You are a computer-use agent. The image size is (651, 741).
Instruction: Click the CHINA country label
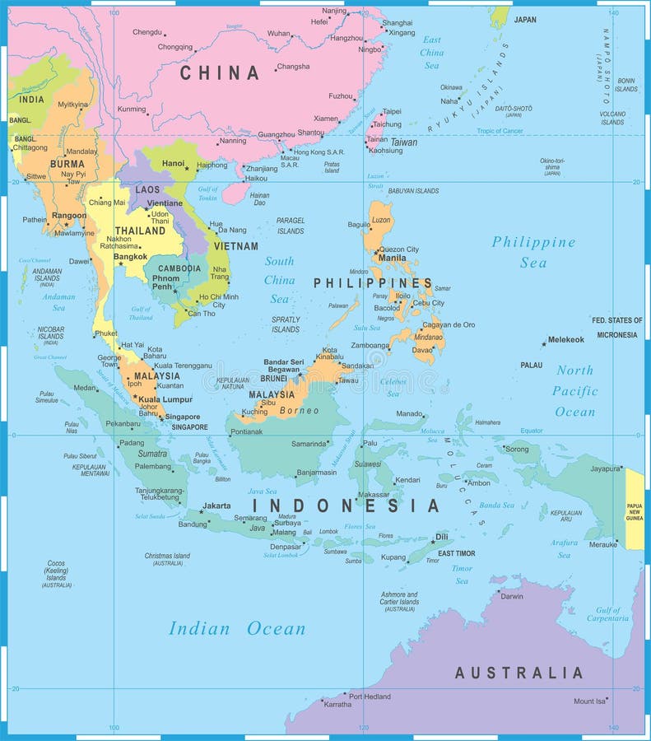point(220,73)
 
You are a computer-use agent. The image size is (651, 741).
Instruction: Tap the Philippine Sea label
point(533,252)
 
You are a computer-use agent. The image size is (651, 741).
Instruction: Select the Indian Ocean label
point(237,629)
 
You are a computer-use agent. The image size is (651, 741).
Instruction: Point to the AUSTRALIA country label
point(518,673)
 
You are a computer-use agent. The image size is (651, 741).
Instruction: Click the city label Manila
point(392,258)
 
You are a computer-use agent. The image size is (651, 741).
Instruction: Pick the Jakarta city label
point(216,506)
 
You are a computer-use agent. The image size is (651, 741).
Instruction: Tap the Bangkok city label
point(130,257)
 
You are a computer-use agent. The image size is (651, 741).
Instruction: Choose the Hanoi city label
point(173,164)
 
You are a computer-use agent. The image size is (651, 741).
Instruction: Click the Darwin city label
point(511,596)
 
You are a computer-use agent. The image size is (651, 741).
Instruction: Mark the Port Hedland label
point(370,697)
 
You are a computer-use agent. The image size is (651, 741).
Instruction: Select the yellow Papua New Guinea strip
point(635,508)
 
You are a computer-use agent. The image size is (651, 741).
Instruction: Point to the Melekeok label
point(566,339)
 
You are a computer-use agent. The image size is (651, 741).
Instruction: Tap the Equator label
point(532,431)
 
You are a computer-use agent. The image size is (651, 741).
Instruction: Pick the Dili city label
point(442,537)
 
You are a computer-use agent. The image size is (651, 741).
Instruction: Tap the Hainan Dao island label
point(260,198)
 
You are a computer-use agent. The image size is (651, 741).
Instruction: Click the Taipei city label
point(392,111)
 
